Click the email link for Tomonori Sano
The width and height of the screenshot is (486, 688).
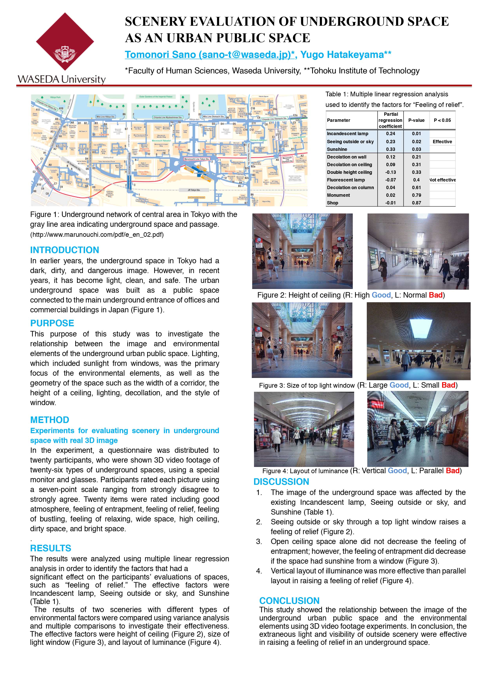tap(210, 55)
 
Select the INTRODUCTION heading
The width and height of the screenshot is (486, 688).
tap(64, 250)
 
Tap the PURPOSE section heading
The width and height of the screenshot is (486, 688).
tap(52, 323)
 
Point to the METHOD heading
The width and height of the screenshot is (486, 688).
tap(50, 420)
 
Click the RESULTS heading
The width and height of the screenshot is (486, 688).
tap(51, 548)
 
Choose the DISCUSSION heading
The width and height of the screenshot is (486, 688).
tap(281, 482)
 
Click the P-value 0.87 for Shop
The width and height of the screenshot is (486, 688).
tap(416, 203)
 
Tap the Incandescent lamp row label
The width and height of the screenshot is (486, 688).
tap(347, 134)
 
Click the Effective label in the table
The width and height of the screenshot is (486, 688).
tap(442, 142)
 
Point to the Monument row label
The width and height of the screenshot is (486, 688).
tap(338, 195)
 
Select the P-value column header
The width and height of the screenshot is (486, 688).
tap(416, 120)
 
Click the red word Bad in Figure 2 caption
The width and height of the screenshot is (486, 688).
tap(435, 295)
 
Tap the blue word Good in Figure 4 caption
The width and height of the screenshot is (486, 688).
tap(397, 471)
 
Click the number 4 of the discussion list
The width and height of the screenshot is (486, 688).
tap(259, 571)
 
